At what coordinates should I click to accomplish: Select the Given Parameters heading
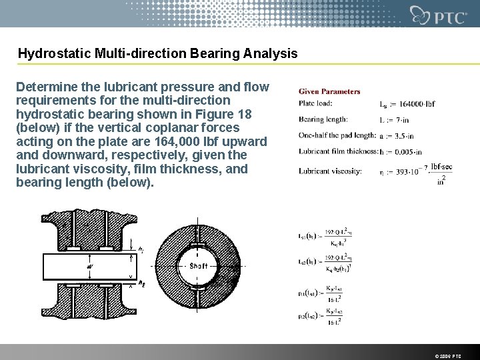coord(329,91)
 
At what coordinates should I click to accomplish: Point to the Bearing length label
coord(325,119)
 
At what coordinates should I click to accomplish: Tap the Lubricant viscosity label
coord(330,171)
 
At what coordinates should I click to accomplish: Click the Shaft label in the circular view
coord(199,265)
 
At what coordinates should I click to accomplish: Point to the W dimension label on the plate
coord(90,267)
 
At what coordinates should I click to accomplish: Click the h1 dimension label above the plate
coord(140,249)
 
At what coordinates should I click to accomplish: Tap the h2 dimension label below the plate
coord(141,283)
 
